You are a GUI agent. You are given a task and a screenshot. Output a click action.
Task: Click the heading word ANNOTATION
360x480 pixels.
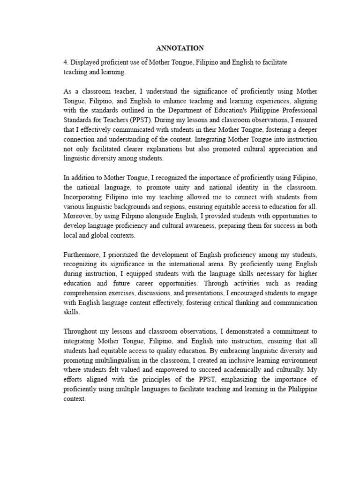tap(180, 48)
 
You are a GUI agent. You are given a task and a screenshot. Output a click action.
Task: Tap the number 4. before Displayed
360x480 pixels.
tap(66, 62)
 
